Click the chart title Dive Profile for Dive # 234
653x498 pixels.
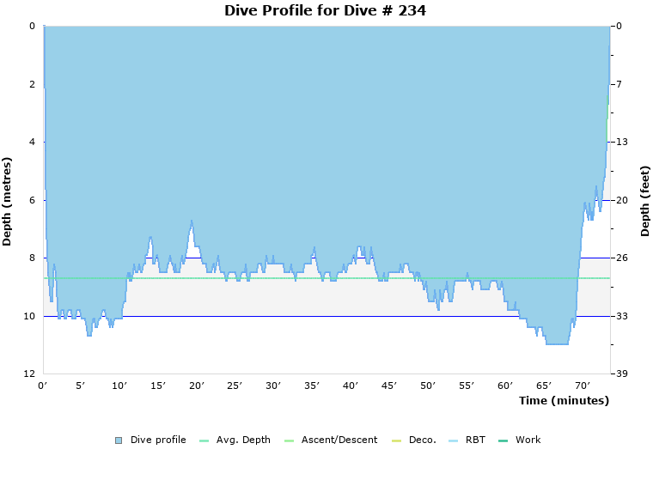tap(325, 11)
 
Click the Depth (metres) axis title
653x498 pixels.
tap(8, 201)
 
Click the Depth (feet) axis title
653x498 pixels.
tap(645, 201)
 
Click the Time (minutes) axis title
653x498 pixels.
tap(564, 401)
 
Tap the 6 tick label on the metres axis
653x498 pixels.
tap(32, 200)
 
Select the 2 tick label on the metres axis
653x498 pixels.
tap(32, 84)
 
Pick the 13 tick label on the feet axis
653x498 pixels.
tap(622, 142)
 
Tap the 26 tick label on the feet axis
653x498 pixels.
tap(622, 258)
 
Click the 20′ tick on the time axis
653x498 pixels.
tap(197, 386)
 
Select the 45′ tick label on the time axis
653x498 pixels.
tap(389, 386)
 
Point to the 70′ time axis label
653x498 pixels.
tap(582, 386)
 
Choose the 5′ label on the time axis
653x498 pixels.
tap(81, 386)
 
